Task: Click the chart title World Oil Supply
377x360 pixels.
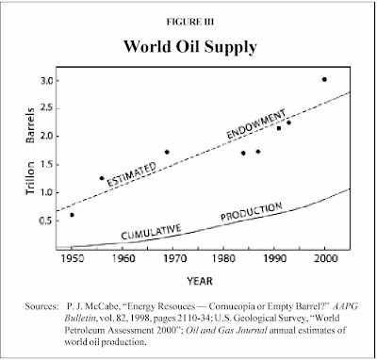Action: (190, 48)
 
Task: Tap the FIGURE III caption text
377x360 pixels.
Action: (190, 22)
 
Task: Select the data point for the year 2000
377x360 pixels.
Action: (324, 79)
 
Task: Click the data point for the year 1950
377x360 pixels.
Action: (72, 215)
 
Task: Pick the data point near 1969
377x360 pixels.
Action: (167, 152)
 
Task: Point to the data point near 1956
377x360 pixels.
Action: (102, 178)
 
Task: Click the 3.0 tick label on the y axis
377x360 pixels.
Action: (45, 80)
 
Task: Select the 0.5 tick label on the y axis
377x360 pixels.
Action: (45, 221)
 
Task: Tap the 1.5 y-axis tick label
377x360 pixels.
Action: (45, 164)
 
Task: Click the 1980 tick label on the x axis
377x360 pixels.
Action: (223, 258)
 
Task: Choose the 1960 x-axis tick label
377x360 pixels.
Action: (123, 258)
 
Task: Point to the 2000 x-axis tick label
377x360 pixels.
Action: (325, 258)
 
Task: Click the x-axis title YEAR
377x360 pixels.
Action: (200, 281)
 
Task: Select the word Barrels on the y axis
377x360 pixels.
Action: (30, 125)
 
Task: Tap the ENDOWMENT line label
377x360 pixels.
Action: (257, 123)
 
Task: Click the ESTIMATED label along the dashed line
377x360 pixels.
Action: (131, 174)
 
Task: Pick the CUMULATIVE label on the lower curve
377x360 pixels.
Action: (151, 232)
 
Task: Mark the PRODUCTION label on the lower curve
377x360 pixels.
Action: (252, 212)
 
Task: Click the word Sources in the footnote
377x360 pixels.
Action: (41, 306)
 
